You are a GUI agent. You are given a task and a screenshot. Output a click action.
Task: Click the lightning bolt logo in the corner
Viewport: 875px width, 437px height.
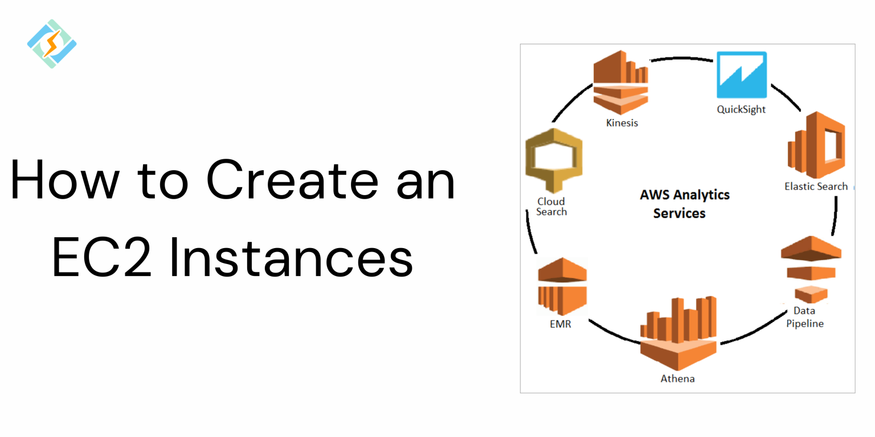click(52, 44)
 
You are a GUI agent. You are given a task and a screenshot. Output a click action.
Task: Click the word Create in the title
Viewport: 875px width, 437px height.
click(291, 180)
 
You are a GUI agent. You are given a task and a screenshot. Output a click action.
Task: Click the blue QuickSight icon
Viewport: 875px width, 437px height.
click(741, 75)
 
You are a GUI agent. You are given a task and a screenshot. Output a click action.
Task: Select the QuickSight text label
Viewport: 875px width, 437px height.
click(741, 109)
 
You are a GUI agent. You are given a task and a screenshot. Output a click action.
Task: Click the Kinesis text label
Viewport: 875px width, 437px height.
click(621, 122)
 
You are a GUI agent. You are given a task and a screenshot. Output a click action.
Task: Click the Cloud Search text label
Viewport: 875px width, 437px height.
click(551, 207)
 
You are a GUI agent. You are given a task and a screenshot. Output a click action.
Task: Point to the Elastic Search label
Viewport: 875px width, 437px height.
click(816, 186)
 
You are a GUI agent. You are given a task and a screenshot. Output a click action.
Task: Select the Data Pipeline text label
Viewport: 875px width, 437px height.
click(805, 317)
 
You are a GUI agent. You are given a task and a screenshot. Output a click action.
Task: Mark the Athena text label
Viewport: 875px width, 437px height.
click(677, 378)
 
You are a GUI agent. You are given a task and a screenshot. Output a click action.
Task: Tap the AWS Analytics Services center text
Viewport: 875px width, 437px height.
click(684, 204)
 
